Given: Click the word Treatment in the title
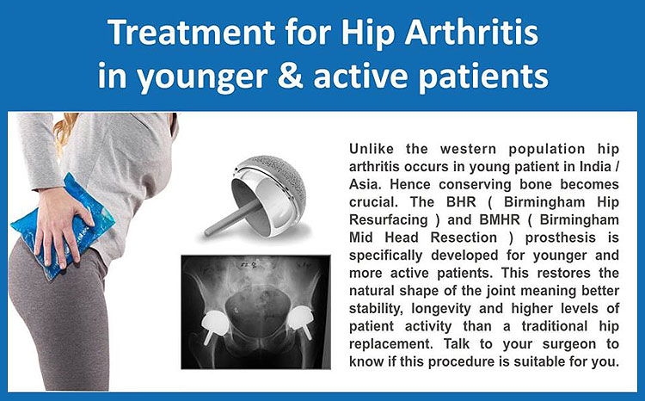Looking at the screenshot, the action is [x=192, y=33].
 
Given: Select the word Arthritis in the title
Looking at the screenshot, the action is [x=471, y=33].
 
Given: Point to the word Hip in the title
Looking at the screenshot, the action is [x=368, y=34].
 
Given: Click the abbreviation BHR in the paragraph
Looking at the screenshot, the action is [x=461, y=201].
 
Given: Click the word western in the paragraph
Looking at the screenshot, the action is [x=471, y=149].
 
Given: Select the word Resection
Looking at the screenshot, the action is [x=464, y=238].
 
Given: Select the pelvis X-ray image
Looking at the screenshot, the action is [x=256, y=312].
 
